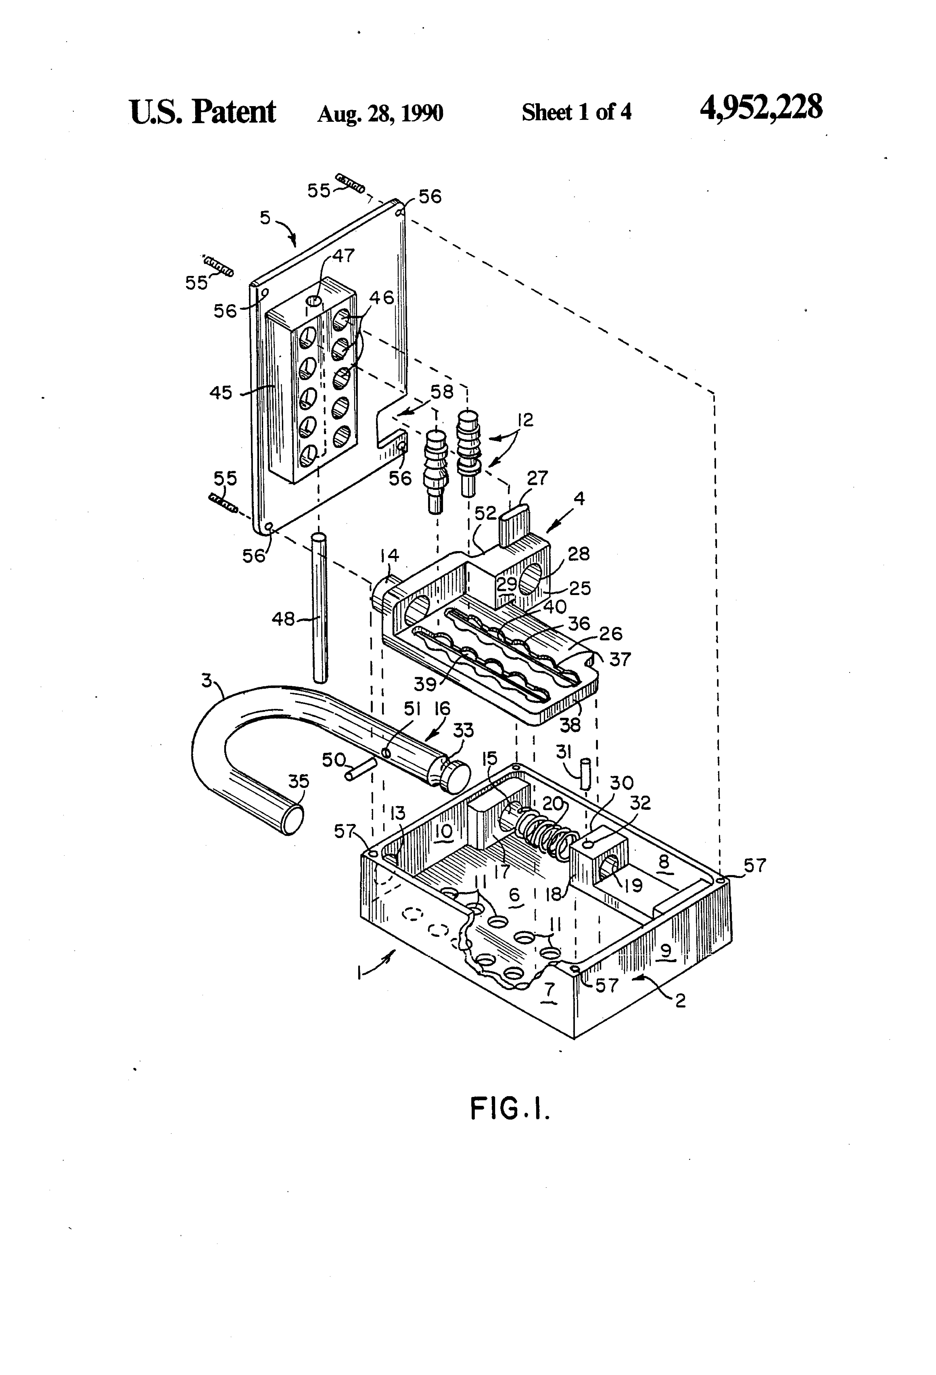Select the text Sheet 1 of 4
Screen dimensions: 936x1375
(576, 112)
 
